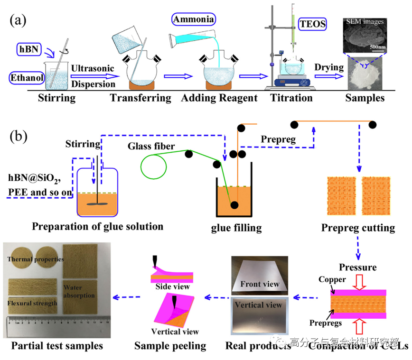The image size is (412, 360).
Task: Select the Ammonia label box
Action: pyautogui.click(x=193, y=19)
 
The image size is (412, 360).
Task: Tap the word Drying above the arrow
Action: pyautogui.click(x=328, y=67)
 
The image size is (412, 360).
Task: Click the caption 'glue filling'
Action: pyautogui.click(x=236, y=228)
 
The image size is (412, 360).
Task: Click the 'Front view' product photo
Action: pyautogui.click(x=259, y=275)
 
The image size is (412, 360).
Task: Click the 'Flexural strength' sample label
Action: pyautogui.click(x=33, y=303)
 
